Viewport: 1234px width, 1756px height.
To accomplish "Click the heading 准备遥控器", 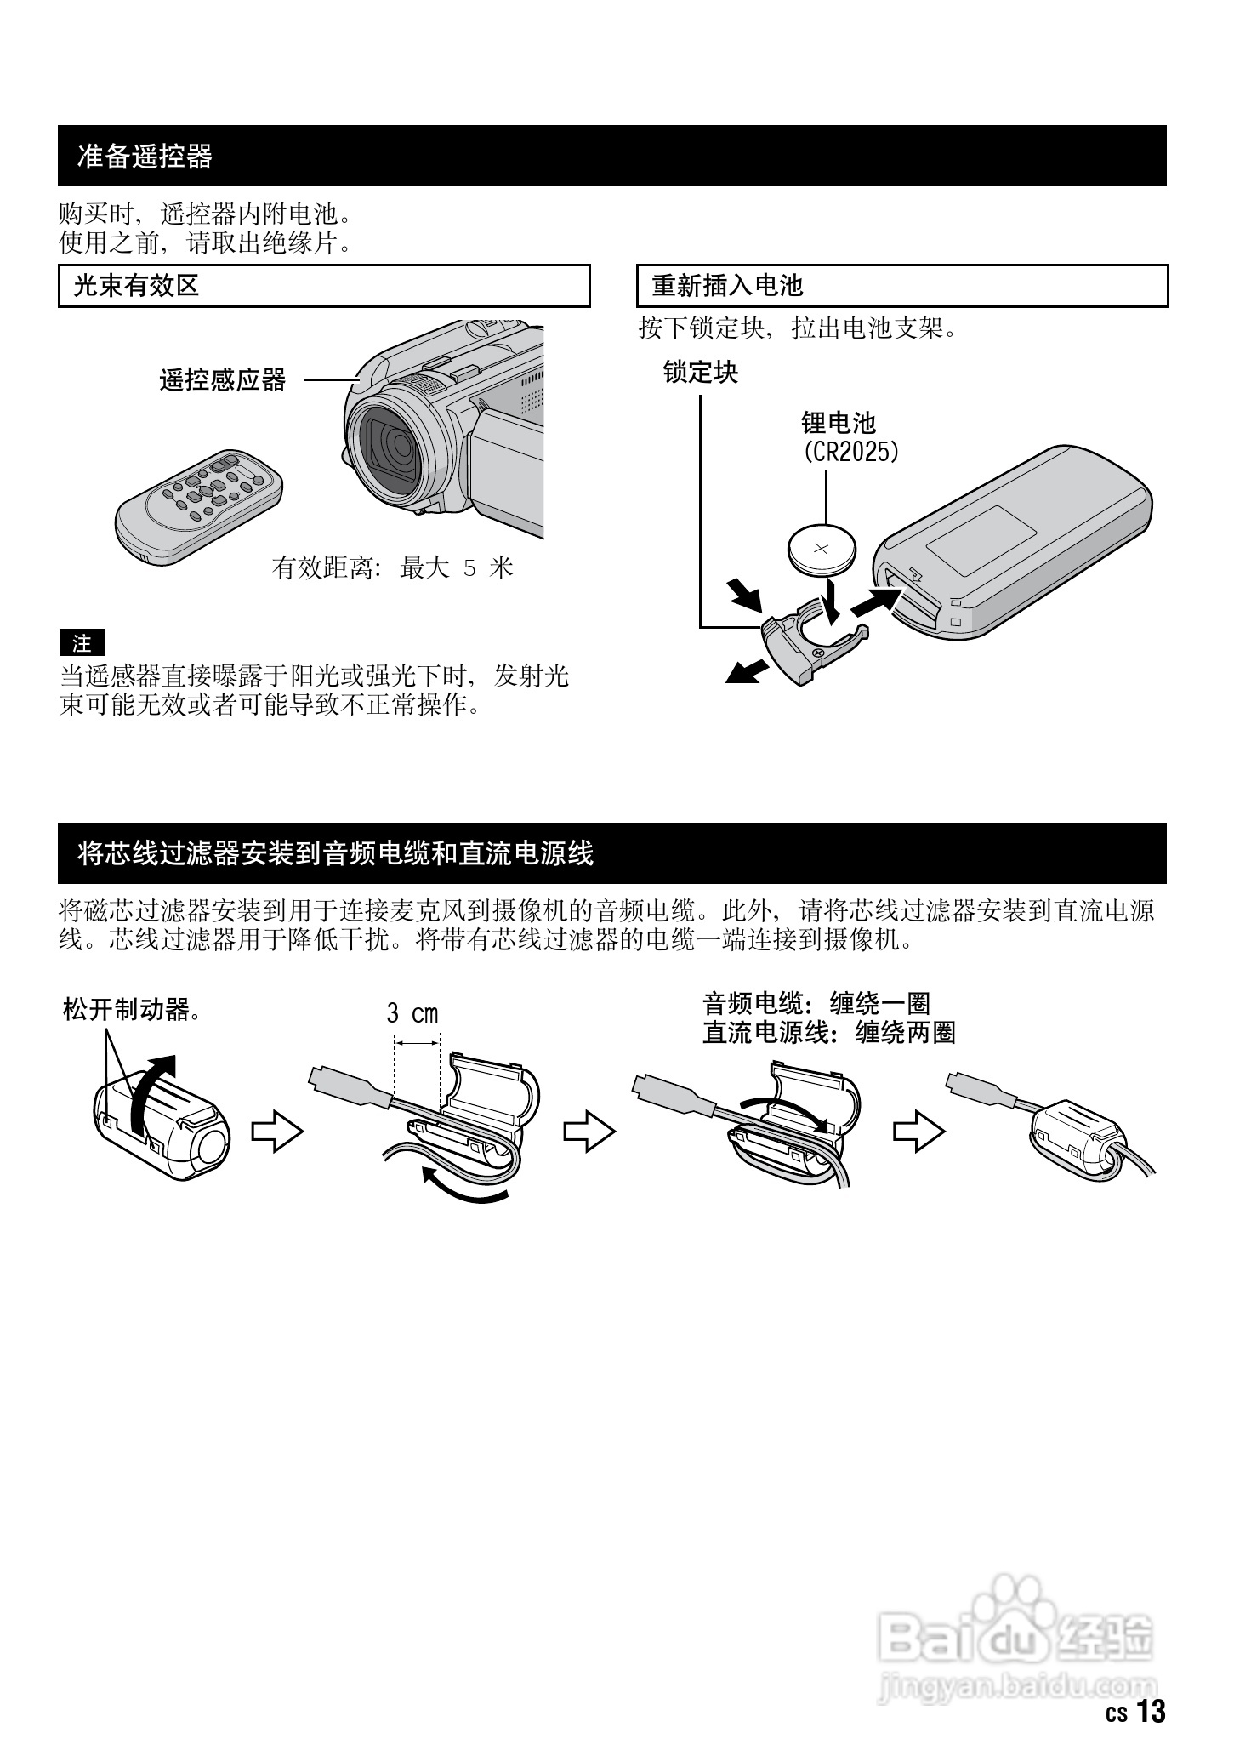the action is point(145,157).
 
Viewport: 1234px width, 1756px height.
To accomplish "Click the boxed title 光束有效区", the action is point(136,286).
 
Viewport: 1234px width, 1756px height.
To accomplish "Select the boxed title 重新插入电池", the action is point(727,286).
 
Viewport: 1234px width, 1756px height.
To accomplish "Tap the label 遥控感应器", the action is point(223,380).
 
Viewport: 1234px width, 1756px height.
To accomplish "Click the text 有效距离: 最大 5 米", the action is point(393,567).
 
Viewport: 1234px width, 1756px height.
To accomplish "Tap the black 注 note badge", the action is point(82,643).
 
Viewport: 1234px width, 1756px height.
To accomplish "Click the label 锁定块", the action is point(701,373).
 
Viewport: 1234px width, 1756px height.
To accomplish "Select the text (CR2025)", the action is point(850,451).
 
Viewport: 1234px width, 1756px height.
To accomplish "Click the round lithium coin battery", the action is point(822,550).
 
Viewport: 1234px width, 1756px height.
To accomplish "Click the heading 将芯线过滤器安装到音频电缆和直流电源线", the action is point(335,853).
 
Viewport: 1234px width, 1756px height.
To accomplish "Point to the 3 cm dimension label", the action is point(412,1013).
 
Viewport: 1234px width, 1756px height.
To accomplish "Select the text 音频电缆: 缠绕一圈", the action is point(816,1004).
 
